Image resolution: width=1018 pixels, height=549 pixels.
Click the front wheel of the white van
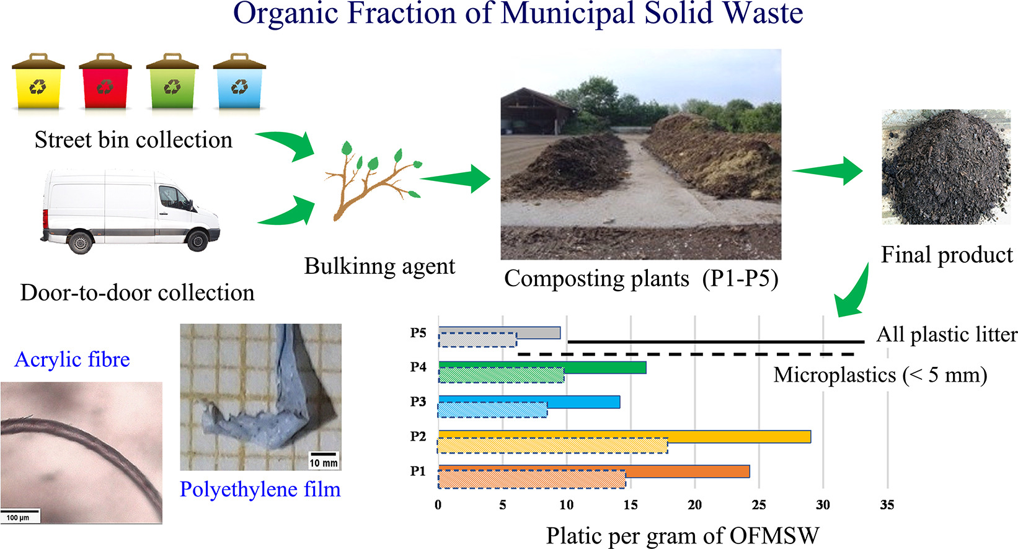198,240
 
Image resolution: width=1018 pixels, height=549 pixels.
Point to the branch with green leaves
370,180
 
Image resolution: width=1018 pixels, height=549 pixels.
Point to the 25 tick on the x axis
759,505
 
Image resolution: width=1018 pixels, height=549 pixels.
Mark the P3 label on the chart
418,402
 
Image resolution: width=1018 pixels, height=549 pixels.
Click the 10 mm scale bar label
324,463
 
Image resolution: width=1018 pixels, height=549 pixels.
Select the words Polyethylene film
260,490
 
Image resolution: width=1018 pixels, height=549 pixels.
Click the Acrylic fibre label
72,359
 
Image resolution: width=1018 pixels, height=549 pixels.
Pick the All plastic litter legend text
946,335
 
